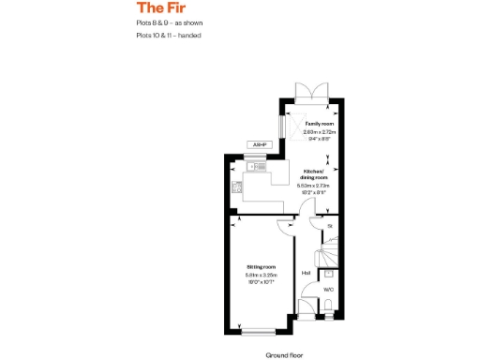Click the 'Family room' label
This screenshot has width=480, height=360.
319,124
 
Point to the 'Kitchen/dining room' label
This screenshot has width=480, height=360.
313,174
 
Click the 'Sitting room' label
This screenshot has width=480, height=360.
257,267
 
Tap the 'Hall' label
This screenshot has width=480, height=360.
306,273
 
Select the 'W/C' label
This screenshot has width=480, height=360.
328,290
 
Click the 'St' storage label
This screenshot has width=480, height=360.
329,227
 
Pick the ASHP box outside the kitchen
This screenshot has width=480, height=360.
260,144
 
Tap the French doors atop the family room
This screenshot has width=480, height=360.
310,91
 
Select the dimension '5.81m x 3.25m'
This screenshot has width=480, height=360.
257,274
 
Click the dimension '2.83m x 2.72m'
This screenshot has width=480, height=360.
319,133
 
